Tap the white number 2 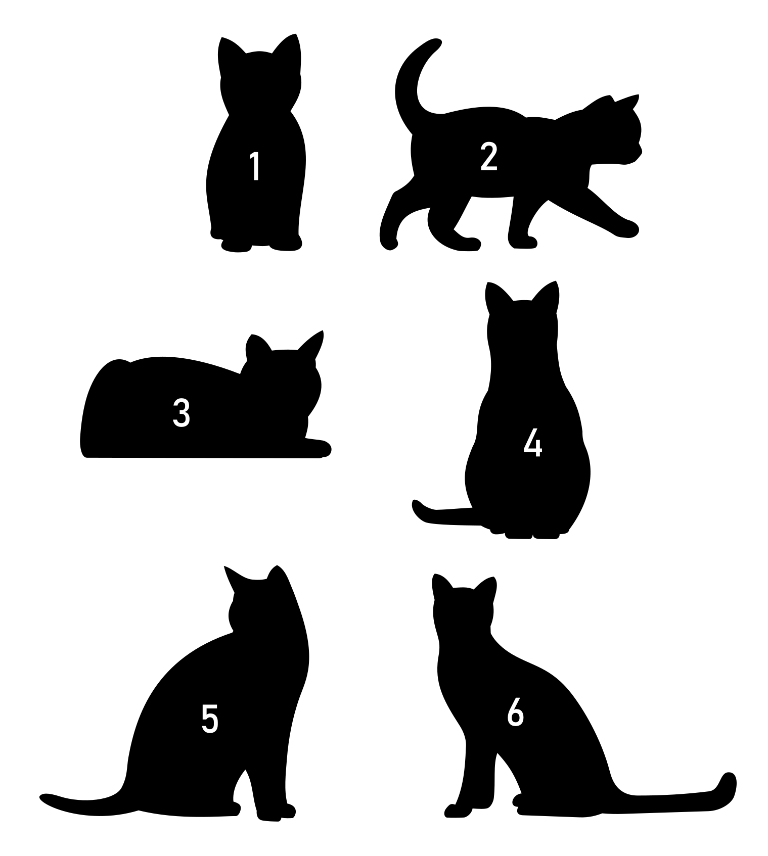coord(488,156)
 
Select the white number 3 coord(182,412)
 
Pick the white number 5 coord(210,718)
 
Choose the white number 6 coord(515,712)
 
